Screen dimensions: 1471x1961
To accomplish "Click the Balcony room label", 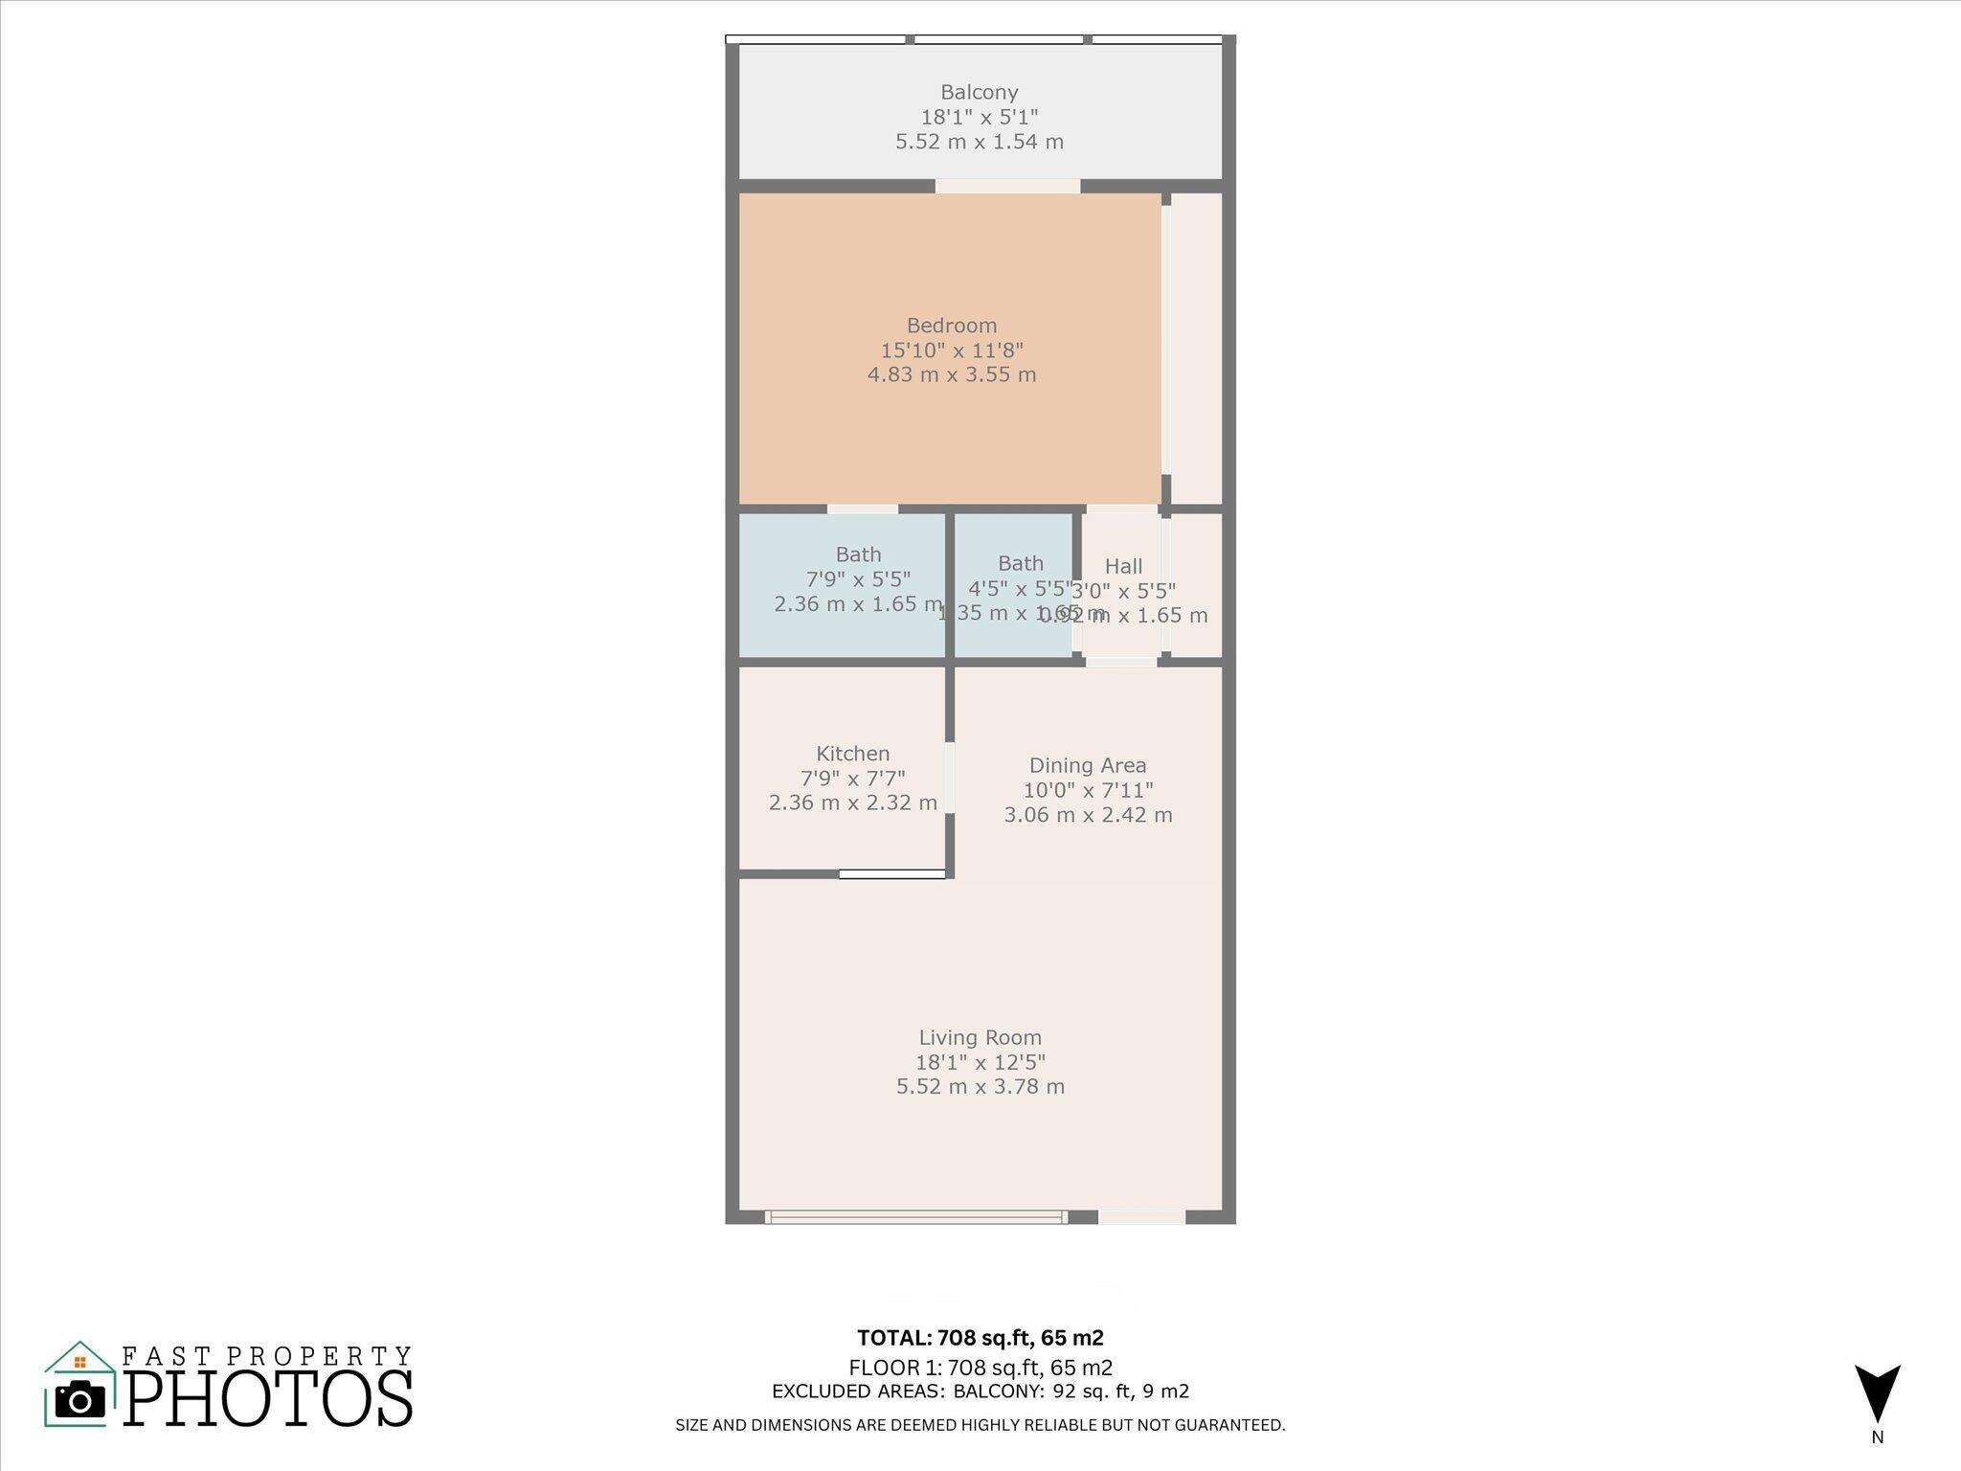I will coord(979,93).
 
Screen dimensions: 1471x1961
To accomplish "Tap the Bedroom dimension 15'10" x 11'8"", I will coord(952,351).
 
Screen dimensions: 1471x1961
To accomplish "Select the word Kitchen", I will coord(852,754).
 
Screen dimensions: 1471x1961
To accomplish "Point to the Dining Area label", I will coord(1087,765).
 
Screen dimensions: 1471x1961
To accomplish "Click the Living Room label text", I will coord(980,1037).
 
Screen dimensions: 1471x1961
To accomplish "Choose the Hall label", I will coord(1123,566).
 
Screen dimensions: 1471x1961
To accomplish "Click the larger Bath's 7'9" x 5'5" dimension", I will coord(858,579).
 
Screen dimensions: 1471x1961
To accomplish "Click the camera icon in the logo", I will coord(80,1400).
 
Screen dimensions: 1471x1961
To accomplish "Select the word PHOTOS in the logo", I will coord(268,1399).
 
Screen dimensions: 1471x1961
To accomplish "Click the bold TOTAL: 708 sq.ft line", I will coord(980,1338).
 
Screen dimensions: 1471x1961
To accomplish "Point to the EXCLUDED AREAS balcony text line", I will coord(980,1392).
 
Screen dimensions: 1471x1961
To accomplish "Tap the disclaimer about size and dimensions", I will coord(980,1425).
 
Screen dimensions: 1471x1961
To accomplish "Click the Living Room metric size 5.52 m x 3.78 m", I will coord(980,1087).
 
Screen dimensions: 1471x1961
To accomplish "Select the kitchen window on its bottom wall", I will coord(892,873).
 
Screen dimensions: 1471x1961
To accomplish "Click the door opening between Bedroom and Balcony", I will coord(1007,186).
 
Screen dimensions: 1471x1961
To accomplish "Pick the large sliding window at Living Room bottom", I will coord(915,1217).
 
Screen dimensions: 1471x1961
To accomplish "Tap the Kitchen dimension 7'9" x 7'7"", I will coord(852,779).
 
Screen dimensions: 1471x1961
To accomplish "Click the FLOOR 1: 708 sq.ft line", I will coord(980,1368).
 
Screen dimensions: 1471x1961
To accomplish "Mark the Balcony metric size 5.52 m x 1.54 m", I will coord(979,142).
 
